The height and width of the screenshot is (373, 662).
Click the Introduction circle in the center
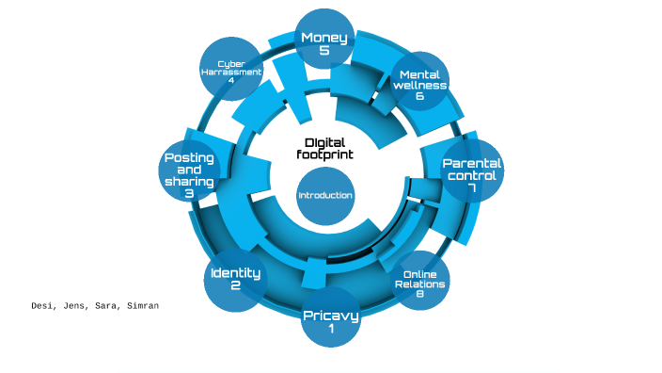[x=324, y=196]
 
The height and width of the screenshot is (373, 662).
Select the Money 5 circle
[x=324, y=42]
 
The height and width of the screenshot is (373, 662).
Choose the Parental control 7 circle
[x=472, y=173]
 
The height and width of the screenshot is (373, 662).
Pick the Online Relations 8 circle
[x=419, y=283]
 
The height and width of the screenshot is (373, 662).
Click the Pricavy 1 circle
[x=330, y=320]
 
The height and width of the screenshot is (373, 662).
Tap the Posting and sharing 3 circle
[x=189, y=174]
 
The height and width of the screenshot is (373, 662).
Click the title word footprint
[x=324, y=154]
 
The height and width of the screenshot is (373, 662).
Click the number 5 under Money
[x=324, y=51]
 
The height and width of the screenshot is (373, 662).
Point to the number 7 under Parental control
[x=472, y=188]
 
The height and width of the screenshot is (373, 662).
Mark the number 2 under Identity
[x=235, y=286]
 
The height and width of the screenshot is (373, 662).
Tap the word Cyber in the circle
[x=230, y=63]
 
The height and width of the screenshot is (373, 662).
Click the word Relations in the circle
[x=419, y=284]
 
